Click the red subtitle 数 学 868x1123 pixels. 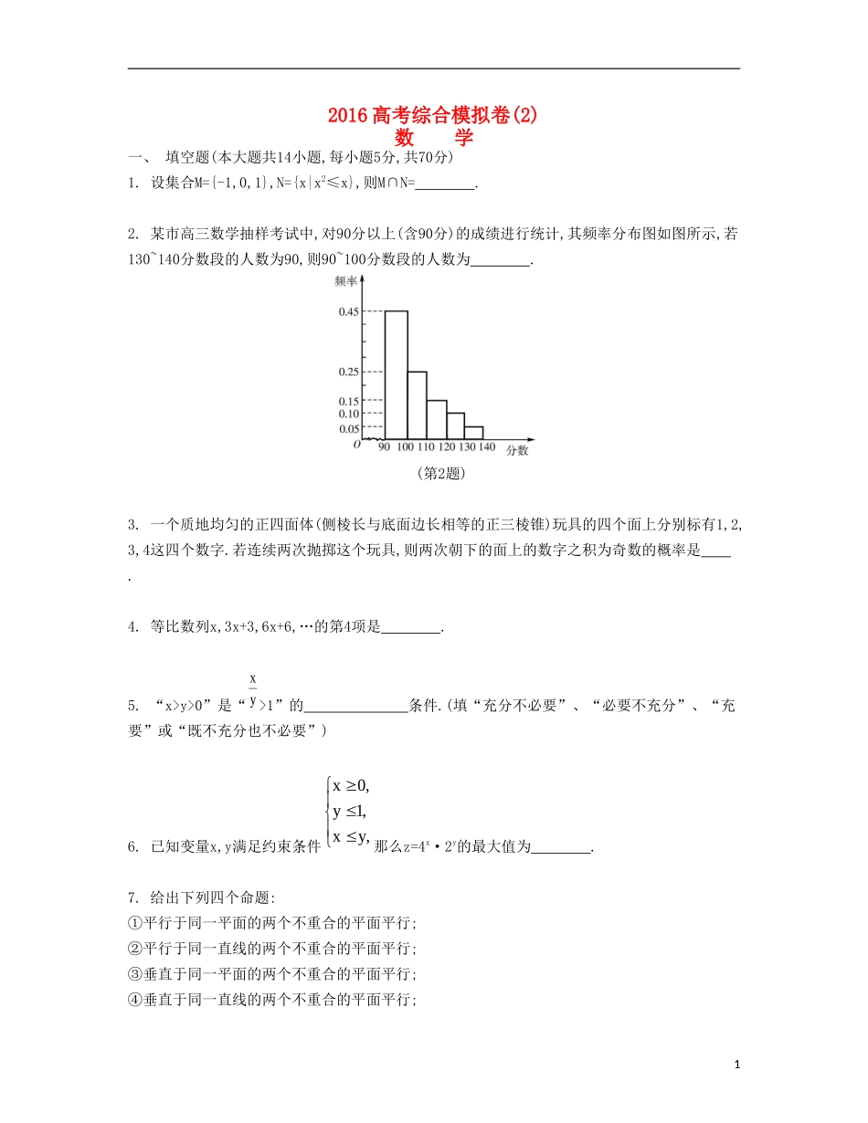tap(433, 138)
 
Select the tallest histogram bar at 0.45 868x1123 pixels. tap(396, 374)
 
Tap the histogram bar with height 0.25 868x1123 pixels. tap(417, 404)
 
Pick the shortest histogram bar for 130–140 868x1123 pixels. tap(473, 432)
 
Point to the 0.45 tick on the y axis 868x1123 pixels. tap(348, 312)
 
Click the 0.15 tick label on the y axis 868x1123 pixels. tap(348, 401)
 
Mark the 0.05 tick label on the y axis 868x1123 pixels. tap(348, 428)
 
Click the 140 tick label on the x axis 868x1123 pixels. tap(486, 447)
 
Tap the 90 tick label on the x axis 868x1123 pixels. tap(384, 447)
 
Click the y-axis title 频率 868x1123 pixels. tap(344, 281)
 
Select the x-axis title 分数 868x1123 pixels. tap(517, 449)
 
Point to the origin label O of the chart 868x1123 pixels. tap(356, 445)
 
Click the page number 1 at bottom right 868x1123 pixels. tap(736, 1065)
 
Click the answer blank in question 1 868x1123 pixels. tap(446, 183)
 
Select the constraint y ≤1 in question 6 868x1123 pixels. tap(349, 812)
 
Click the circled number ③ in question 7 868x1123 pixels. tap(134, 974)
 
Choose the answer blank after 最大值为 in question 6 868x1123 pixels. tap(561, 846)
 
